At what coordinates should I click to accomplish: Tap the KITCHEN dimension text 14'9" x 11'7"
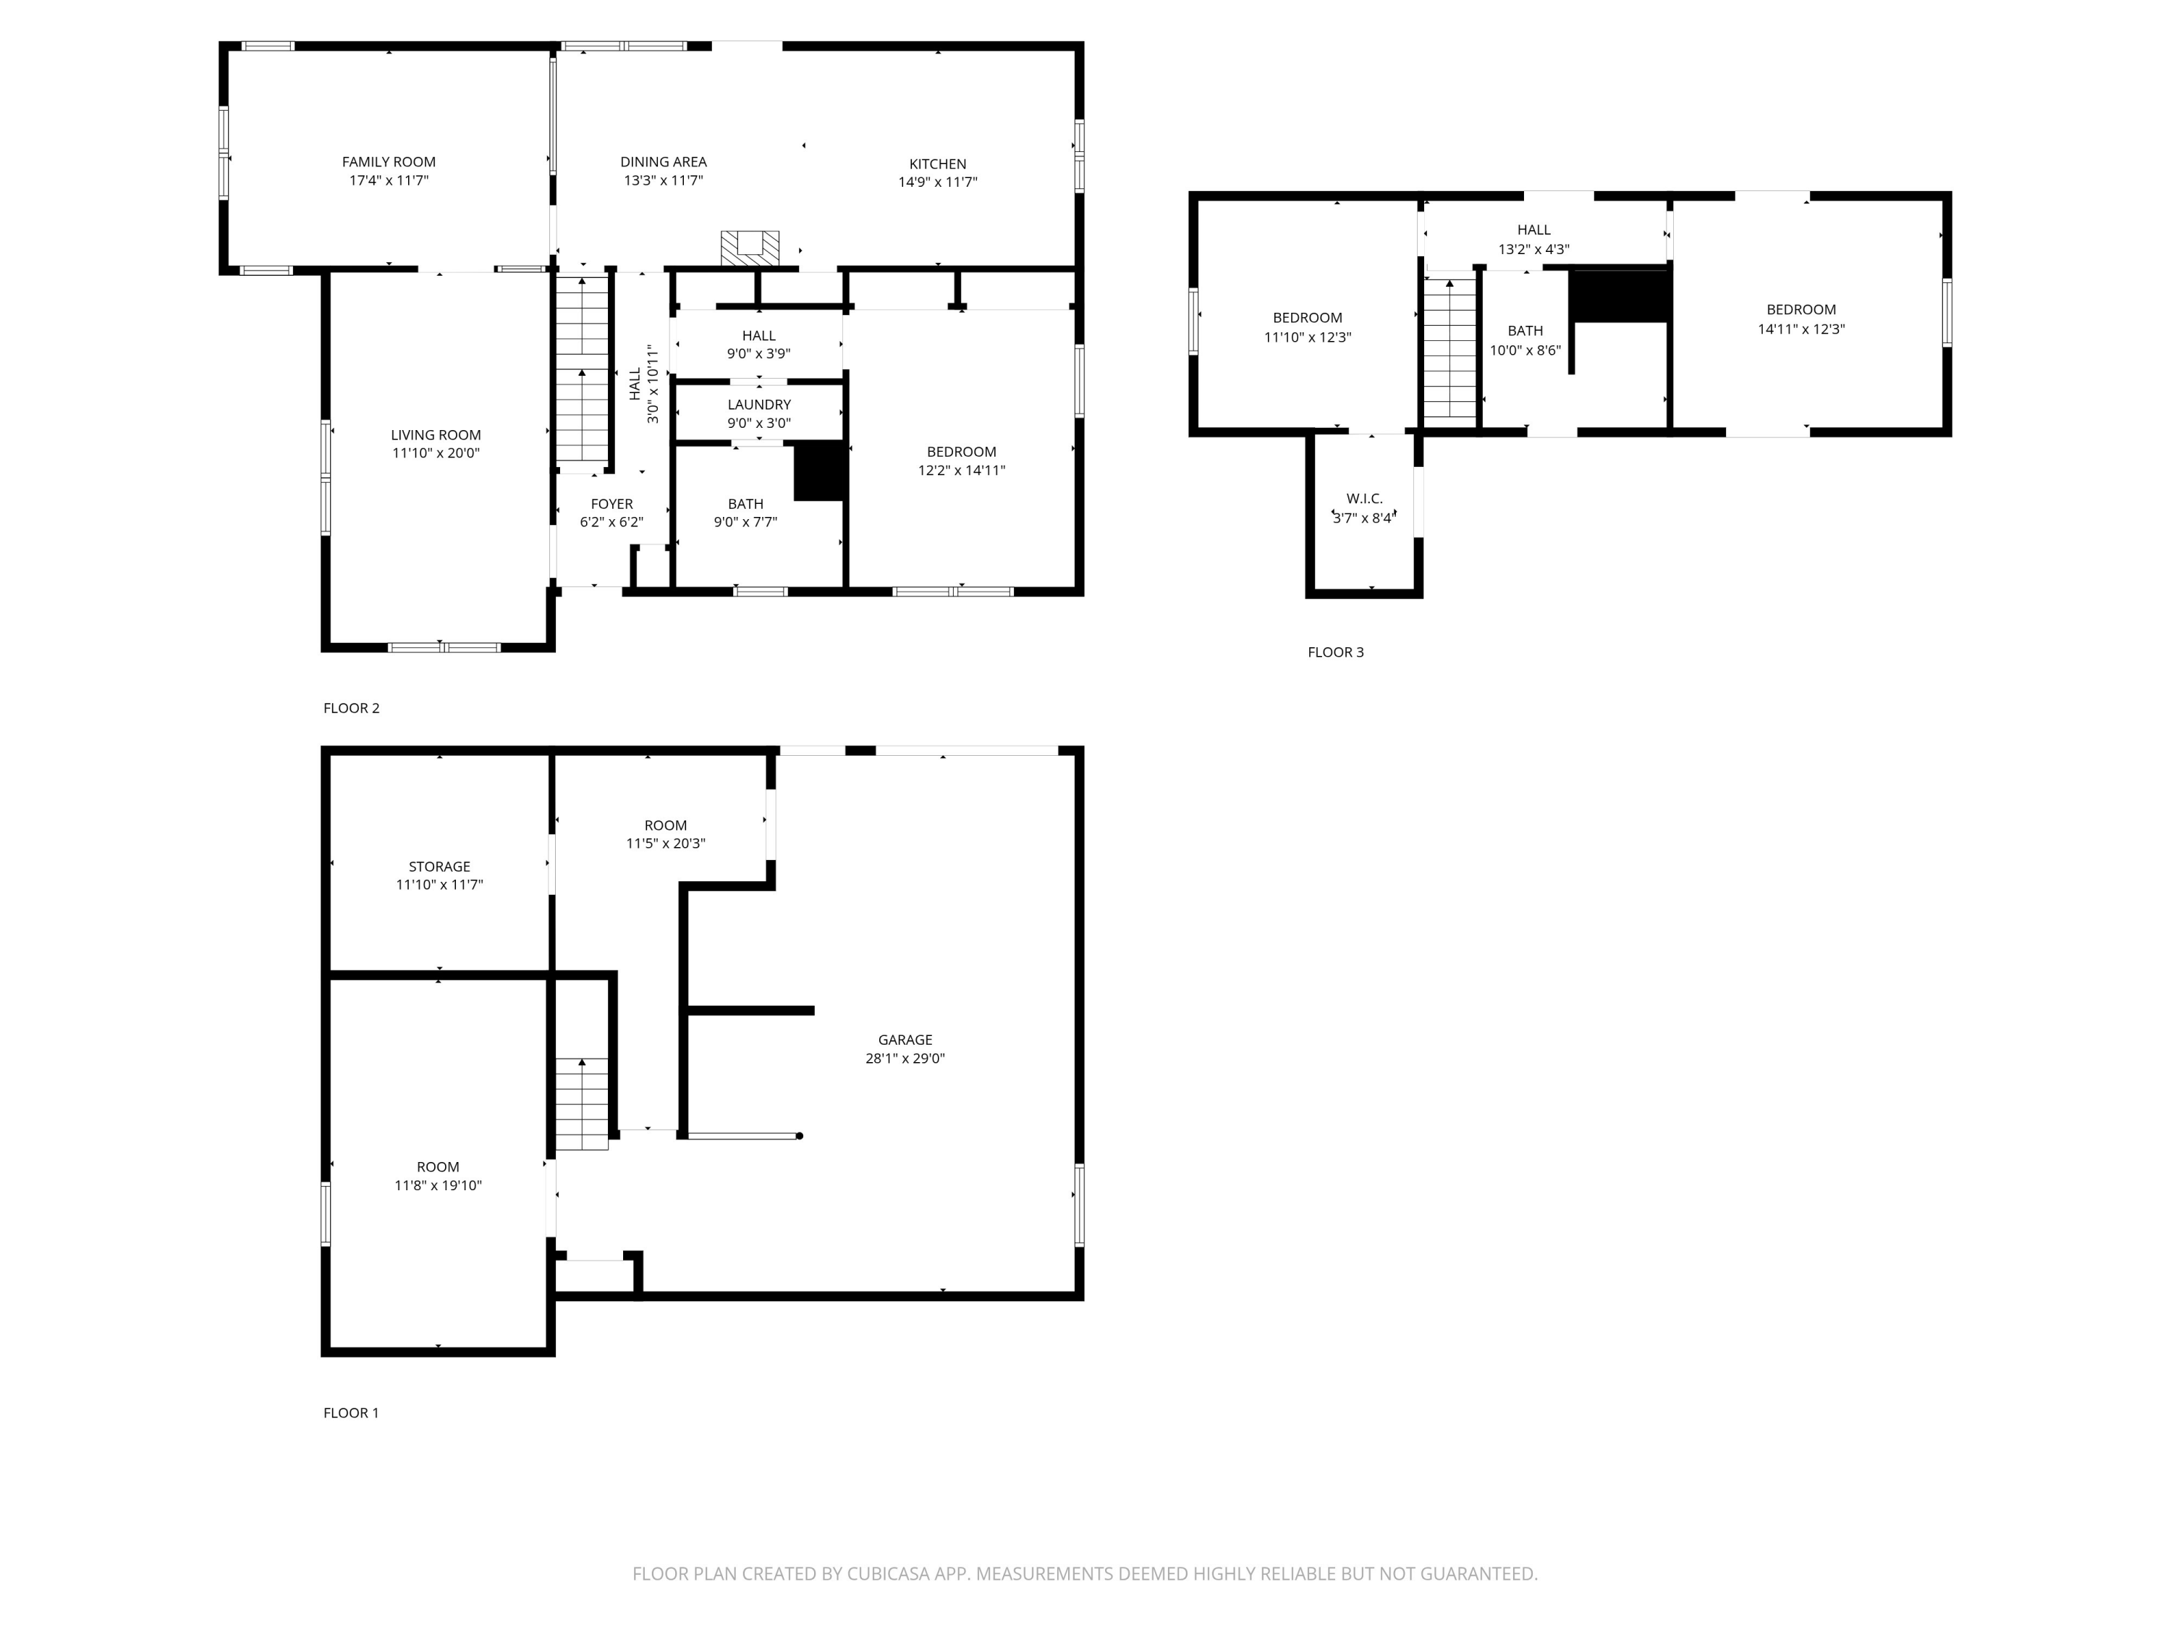click(x=937, y=182)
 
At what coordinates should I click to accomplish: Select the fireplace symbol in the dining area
click(x=750, y=248)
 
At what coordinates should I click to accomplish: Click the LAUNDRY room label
click(x=758, y=405)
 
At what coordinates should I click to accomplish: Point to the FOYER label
click(x=611, y=504)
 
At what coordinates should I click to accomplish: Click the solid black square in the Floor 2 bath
click(x=818, y=471)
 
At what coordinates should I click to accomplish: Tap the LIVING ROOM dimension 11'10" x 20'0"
click(x=436, y=452)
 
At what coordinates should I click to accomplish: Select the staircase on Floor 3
click(x=1450, y=348)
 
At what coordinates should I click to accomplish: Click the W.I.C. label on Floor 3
click(x=1364, y=499)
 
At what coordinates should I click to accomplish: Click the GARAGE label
click(x=905, y=1039)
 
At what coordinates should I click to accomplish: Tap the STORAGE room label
click(x=439, y=866)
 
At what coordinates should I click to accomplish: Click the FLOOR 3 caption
click(x=1334, y=652)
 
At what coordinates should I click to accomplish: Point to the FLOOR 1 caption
click(x=350, y=1412)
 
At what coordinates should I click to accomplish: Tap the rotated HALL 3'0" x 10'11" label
click(x=643, y=383)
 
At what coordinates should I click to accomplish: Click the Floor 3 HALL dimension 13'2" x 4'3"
click(x=1533, y=249)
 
